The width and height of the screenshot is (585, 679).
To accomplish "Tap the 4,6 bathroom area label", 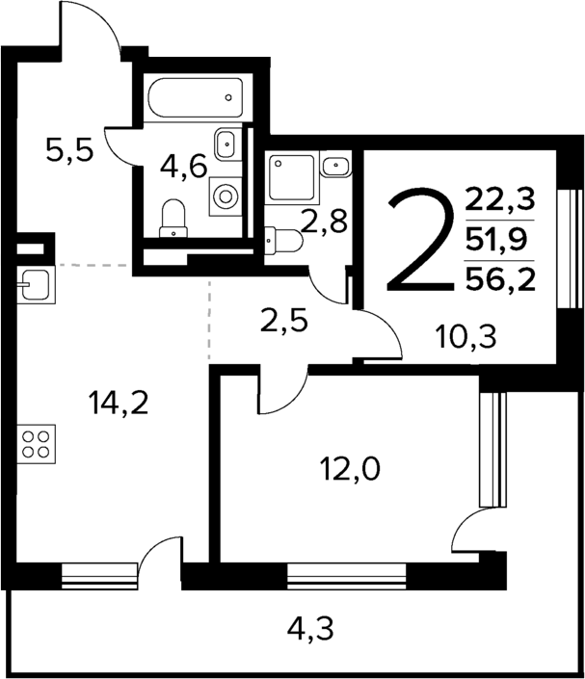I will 183,167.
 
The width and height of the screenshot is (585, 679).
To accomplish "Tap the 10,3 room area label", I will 459,338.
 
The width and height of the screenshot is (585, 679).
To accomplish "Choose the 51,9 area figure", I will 499,239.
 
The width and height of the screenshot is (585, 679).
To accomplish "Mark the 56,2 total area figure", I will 499,278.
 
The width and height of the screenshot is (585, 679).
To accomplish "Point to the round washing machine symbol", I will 226,196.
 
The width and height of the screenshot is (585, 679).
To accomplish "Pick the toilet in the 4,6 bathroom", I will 173,217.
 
